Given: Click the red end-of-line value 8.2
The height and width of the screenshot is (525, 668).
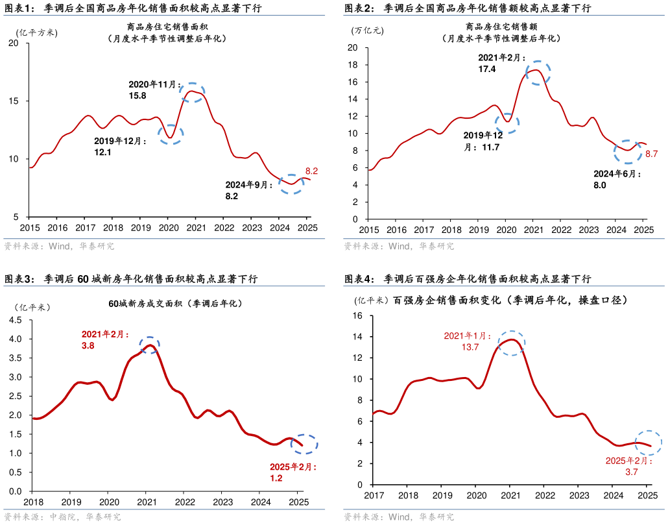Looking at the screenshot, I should click(311, 171).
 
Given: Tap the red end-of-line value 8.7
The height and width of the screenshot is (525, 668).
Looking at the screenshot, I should click(652, 154).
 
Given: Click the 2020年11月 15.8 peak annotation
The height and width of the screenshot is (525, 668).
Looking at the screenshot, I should click(152, 90).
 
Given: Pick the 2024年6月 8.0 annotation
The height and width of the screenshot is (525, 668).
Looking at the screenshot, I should click(617, 180).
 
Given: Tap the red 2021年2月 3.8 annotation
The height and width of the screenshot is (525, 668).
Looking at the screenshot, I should click(105, 340).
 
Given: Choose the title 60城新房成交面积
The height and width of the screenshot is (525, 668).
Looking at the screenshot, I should click(174, 303).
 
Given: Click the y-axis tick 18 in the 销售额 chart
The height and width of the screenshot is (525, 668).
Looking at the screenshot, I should click(353, 65).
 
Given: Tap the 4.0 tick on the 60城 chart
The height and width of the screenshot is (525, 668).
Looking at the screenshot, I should click(15, 339).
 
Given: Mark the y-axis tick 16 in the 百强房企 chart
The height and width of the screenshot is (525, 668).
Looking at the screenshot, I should click(357, 315).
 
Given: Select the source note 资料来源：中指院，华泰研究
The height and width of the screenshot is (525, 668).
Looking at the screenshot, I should click(62, 517).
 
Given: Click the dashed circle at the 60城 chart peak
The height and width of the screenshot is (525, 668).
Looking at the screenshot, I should click(150, 345).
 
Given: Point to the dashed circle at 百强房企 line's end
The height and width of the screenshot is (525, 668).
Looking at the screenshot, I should click(648, 443).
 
